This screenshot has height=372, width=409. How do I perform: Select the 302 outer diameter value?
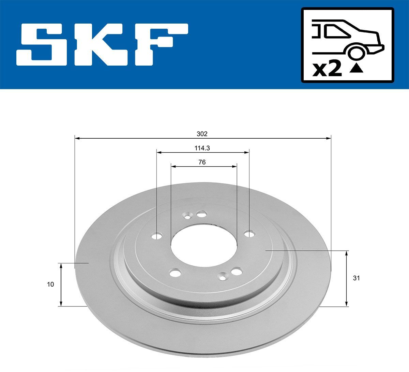click(x=202, y=134)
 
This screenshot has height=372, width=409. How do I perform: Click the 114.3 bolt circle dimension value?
click(x=202, y=148)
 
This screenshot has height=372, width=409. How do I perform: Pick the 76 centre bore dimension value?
click(x=202, y=162)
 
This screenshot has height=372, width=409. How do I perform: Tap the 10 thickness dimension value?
click(x=51, y=284)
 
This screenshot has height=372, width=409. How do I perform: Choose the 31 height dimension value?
click(x=357, y=278)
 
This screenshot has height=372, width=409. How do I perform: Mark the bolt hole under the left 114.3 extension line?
click(x=157, y=236)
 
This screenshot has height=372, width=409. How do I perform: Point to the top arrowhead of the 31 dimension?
click(x=347, y=253)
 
